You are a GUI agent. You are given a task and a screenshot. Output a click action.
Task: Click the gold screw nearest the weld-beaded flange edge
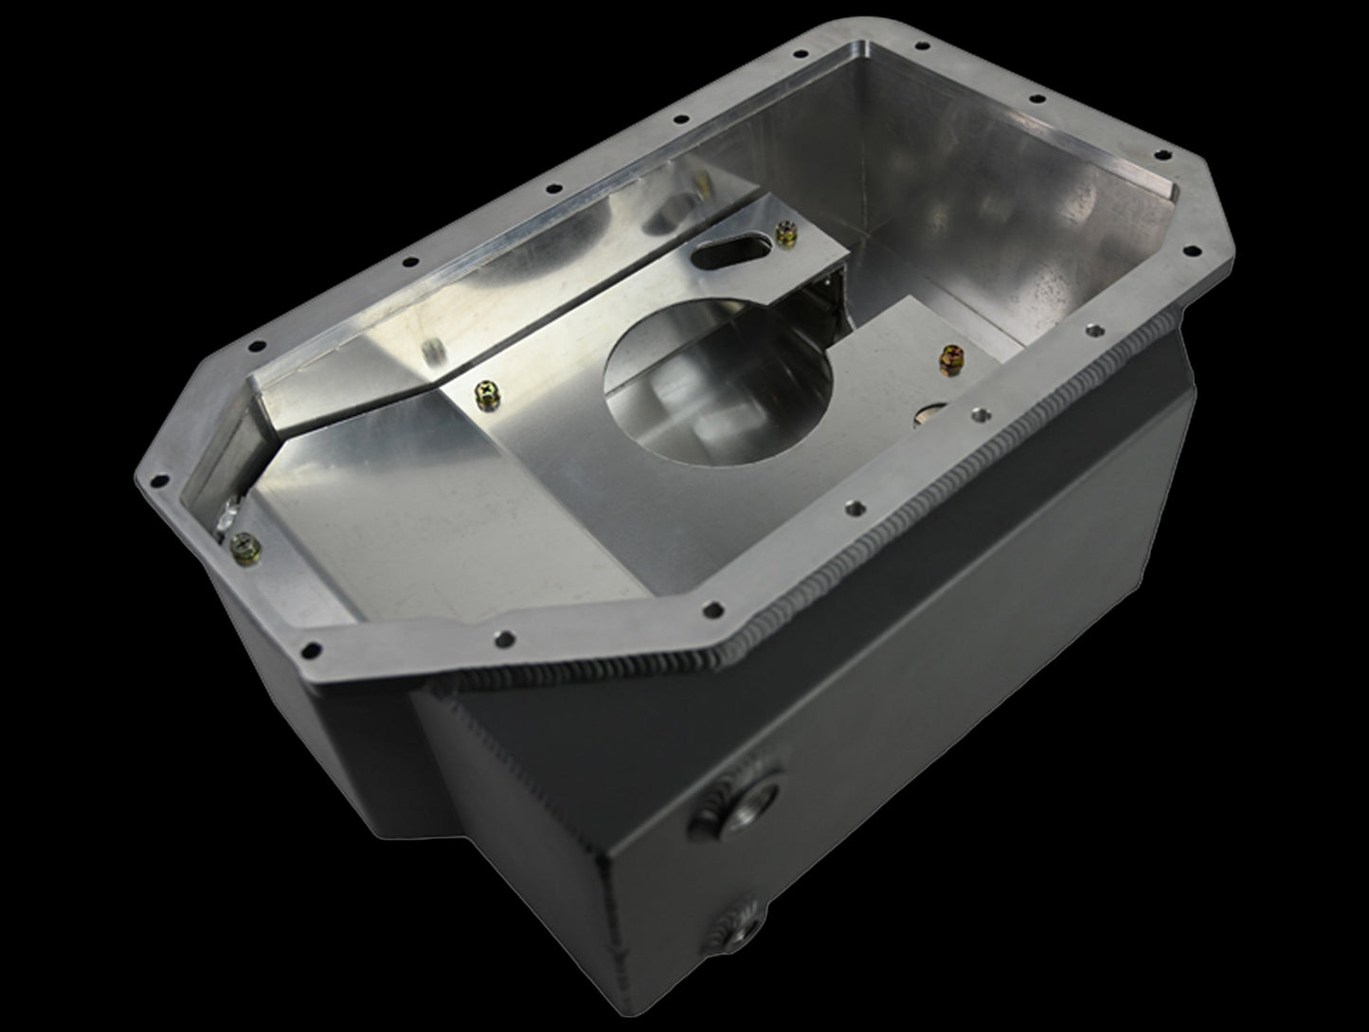(950, 358)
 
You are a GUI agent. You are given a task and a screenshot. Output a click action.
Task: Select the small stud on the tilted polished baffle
(430, 353)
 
